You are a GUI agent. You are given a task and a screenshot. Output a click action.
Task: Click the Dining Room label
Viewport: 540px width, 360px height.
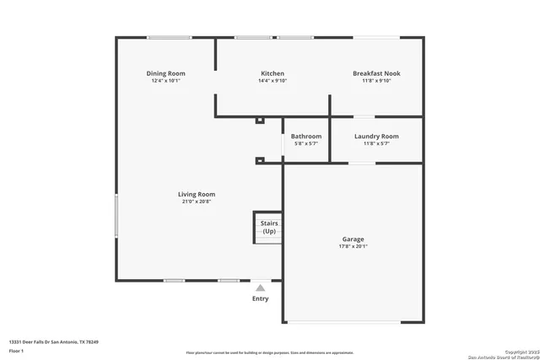tap(165, 73)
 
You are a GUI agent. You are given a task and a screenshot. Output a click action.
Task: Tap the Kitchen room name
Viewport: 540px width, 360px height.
tap(272, 73)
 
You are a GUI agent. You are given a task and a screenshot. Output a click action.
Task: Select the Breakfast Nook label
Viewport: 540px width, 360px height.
tap(376, 73)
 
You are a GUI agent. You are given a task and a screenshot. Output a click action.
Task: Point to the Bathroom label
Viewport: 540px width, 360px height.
tap(306, 136)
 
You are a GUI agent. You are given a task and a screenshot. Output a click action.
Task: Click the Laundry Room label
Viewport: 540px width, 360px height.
tap(376, 136)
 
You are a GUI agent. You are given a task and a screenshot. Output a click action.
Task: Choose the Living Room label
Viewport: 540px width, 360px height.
tap(196, 194)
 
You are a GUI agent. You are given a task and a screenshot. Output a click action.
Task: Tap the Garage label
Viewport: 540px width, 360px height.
tap(353, 239)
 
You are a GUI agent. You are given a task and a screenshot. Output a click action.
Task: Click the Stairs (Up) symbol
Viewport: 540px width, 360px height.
tap(268, 227)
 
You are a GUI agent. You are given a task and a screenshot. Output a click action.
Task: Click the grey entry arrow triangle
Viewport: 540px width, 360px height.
tap(261, 287)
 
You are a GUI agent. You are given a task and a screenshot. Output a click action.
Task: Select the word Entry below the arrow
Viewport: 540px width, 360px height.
tap(261, 298)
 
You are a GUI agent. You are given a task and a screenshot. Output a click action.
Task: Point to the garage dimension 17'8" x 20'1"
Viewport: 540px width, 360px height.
tap(353, 247)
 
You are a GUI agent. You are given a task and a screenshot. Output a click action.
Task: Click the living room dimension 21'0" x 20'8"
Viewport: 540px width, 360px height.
tap(196, 201)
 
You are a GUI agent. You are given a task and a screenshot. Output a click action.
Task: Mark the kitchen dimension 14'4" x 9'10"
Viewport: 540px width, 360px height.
tap(272, 81)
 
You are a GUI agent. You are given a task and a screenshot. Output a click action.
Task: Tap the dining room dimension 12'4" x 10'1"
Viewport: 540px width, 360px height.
tap(165, 81)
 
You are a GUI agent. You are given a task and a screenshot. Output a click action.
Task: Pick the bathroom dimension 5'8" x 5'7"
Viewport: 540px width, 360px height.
tap(306, 143)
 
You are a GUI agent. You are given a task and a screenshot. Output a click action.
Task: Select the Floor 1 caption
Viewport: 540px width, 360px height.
tap(16, 350)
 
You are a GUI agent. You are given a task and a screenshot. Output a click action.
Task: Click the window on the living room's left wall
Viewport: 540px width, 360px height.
tap(116, 217)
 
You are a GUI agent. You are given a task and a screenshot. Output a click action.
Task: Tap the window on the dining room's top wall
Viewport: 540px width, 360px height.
tap(170, 37)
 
